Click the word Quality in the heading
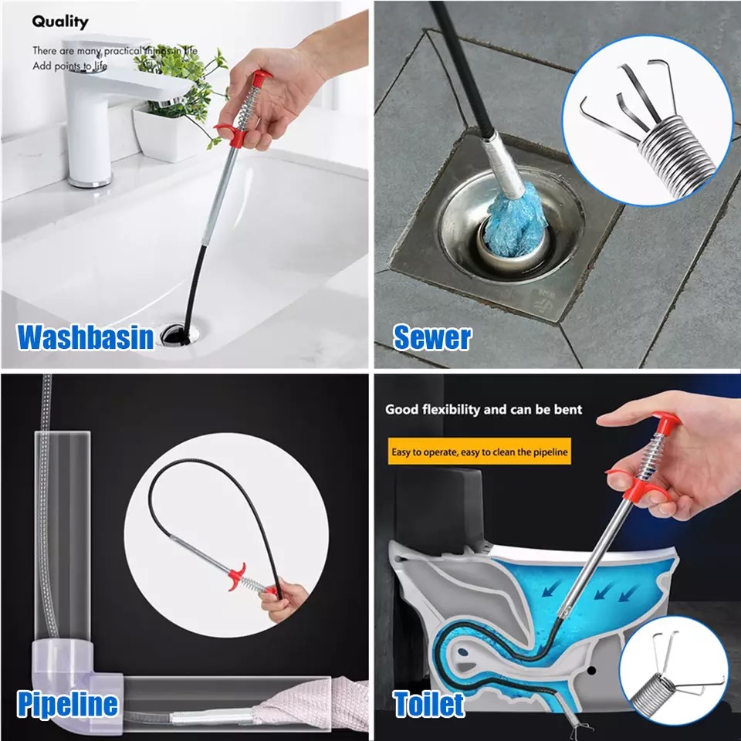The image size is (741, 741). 60,22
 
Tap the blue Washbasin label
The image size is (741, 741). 86,337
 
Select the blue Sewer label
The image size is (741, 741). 432,337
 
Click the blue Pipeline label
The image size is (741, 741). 68,704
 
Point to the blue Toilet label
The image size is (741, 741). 428,704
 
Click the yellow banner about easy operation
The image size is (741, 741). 479,452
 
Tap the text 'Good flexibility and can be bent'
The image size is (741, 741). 483,409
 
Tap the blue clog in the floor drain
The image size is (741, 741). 516,223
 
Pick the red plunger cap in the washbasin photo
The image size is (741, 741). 260,77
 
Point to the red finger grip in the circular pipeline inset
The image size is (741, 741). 237,576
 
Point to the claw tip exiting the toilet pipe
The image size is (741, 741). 580,729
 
